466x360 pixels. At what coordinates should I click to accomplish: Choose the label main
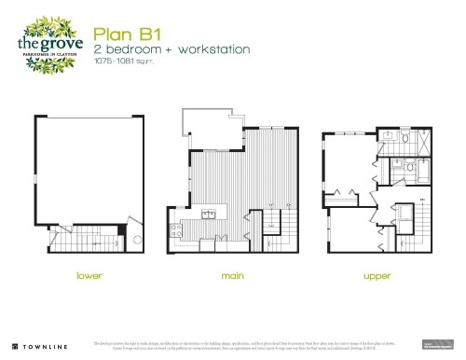pos(233,276)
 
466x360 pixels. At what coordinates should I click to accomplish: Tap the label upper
pos(376,276)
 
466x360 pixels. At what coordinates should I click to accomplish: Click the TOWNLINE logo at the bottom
pos(37,346)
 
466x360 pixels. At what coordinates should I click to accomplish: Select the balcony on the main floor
pos(213,131)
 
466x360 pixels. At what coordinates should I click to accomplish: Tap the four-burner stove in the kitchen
pos(175,229)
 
